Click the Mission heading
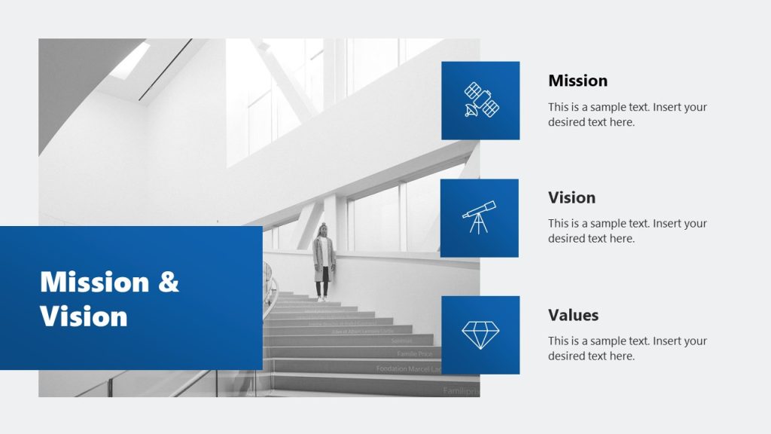(x=577, y=81)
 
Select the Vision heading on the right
(x=571, y=197)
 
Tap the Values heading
(x=573, y=315)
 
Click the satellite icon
(x=480, y=100)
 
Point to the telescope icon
(x=480, y=217)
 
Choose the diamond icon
(x=480, y=335)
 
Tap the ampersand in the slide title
(x=169, y=283)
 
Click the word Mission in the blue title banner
(x=94, y=283)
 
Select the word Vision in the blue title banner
(x=84, y=316)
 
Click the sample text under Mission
(x=627, y=115)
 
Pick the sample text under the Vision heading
(x=627, y=231)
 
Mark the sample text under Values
(x=627, y=348)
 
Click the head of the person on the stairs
(x=323, y=229)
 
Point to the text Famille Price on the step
(x=415, y=353)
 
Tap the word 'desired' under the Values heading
(x=566, y=356)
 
